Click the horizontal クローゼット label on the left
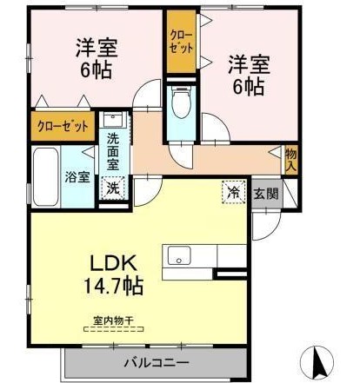pyautogui.click(x=63, y=126)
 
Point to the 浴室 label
pyautogui.click(x=77, y=177)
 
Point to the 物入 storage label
pyautogui.click(x=291, y=160)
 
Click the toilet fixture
pyautogui.click(x=181, y=109)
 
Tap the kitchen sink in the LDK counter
pyautogui.click(x=181, y=255)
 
